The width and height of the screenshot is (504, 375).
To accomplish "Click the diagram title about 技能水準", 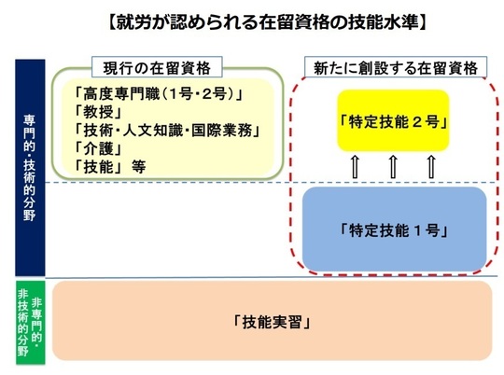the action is (x=268, y=22).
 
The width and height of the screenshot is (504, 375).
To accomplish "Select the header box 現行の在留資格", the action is (x=157, y=67).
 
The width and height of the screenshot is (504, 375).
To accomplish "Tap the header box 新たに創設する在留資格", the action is (x=396, y=67).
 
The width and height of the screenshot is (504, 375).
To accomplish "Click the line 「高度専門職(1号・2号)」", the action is (x=158, y=94).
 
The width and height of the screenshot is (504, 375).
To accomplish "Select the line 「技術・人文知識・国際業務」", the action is (x=167, y=131).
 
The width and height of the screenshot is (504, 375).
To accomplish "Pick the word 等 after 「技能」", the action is (x=138, y=167).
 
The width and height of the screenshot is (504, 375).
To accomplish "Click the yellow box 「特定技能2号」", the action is (x=393, y=120).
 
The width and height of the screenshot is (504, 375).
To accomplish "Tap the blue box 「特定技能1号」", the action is (x=394, y=229).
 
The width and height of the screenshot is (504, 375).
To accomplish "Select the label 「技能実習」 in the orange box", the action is (x=272, y=322).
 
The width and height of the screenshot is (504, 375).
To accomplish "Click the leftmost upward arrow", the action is (x=355, y=167).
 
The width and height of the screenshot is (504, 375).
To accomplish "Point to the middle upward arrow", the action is (x=393, y=167).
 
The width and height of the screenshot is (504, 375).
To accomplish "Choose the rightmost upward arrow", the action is (x=432, y=167).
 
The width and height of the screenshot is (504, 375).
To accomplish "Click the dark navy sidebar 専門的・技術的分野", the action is (x=30, y=168).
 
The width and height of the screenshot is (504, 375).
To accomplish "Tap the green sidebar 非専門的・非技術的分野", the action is (x=31, y=323).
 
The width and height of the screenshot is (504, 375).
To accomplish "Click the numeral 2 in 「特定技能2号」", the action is (x=417, y=122).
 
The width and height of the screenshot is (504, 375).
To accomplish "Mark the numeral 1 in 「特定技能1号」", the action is (x=417, y=230).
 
